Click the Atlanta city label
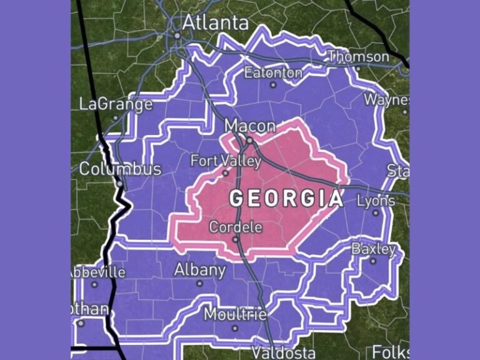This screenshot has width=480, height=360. click(215, 22)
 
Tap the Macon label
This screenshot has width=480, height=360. click(249, 126)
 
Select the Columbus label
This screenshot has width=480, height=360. click(120, 169)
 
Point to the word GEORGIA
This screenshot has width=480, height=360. click(286, 199)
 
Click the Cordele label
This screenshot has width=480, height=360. click(236, 227)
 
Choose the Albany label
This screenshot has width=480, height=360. click(199, 270)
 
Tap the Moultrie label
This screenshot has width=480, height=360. click(235, 314)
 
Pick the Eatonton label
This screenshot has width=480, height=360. click(273, 72)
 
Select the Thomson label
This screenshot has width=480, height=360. click(359, 57)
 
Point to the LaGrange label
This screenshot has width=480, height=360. click(116, 104)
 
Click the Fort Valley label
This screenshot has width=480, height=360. click(226, 161)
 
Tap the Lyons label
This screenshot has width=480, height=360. click(376, 201)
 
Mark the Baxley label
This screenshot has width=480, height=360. click(374, 249)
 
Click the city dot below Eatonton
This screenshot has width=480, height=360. click(273, 85)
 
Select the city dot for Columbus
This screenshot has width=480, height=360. click(119, 184)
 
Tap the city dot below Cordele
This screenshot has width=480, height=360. click(236, 239)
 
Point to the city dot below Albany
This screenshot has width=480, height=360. click(200, 283)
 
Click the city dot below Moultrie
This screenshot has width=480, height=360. click(235, 327)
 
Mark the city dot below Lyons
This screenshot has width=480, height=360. click(376, 212)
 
